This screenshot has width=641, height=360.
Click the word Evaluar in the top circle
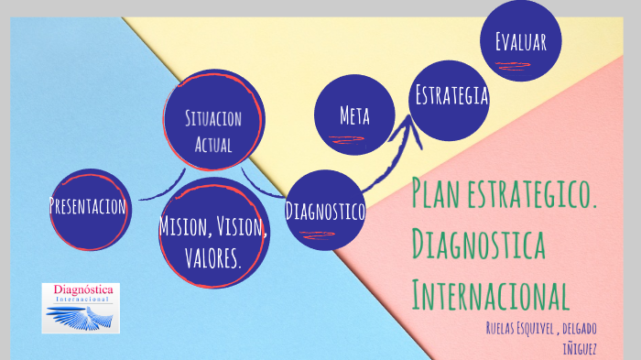pos(520,41)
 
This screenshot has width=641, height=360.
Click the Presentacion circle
pos(89,208)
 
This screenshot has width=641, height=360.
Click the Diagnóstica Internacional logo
pos(80,308)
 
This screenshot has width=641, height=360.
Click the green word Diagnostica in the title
pos(479,245)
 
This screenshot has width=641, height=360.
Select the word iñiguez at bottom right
pos(578,347)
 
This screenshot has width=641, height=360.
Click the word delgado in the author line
pos(581,328)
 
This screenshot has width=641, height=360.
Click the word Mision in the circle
pos(180,227)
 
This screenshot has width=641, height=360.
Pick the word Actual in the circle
pos(212,145)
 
